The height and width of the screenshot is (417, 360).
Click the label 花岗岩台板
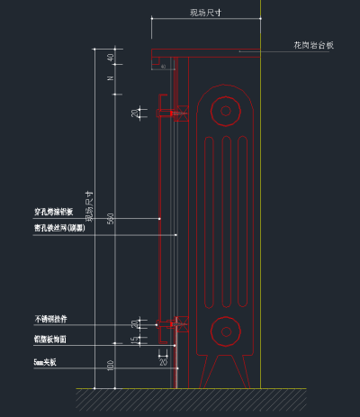[312, 43]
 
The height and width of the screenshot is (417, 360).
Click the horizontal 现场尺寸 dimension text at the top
[206, 13]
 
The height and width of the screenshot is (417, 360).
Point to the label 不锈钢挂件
[50, 319]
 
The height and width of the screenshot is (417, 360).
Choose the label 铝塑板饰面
[50, 340]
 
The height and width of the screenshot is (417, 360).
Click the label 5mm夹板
[45, 362]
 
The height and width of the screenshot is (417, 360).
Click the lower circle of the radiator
[222, 331]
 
